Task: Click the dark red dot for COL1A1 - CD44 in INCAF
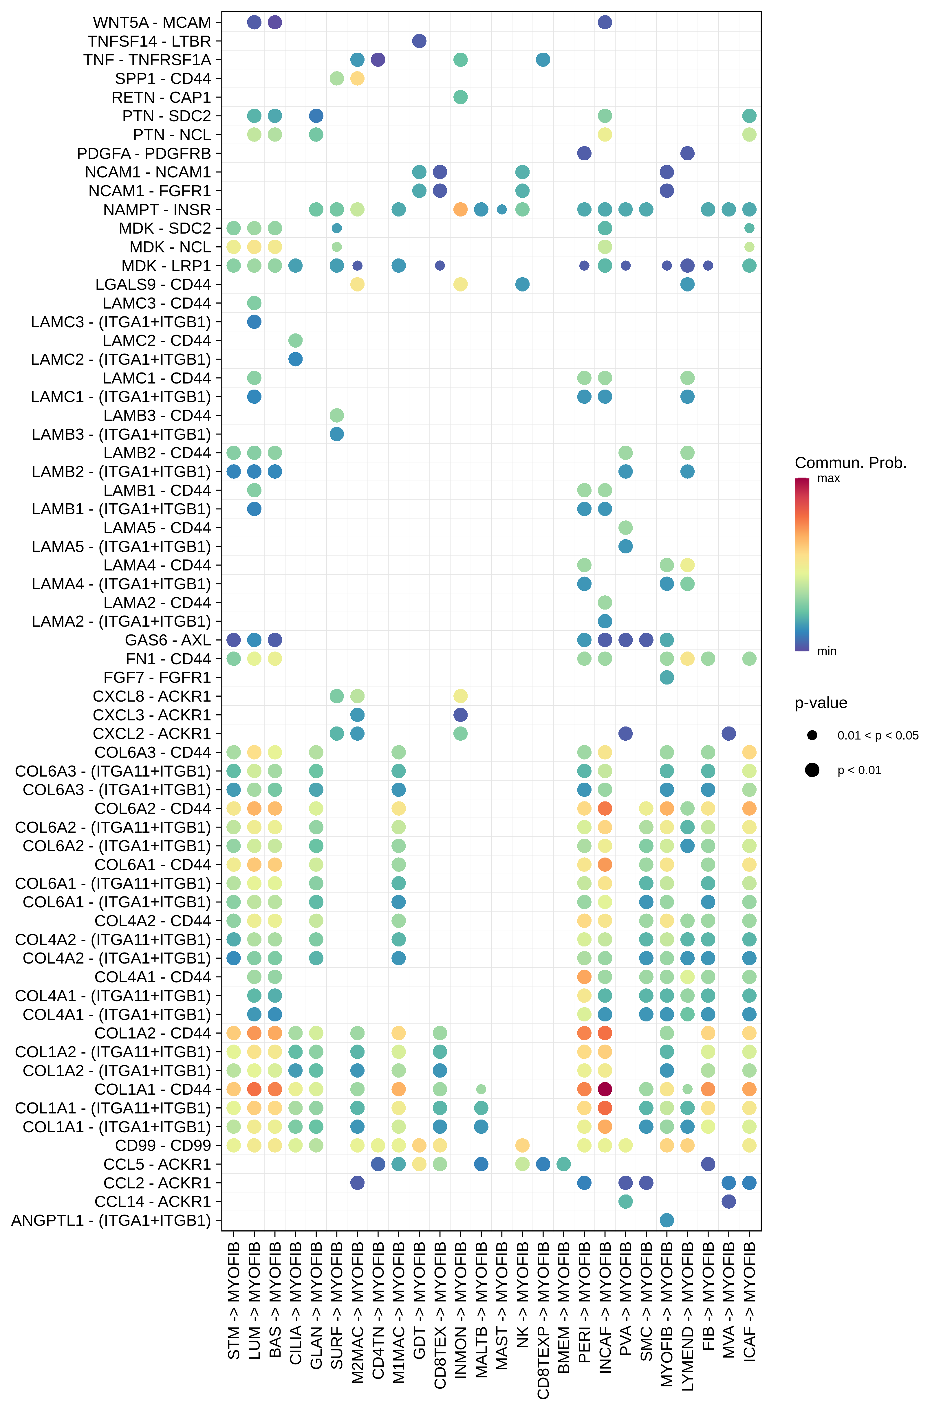(x=605, y=1089)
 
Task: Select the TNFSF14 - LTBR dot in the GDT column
(x=420, y=41)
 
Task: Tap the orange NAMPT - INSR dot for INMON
(x=460, y=209)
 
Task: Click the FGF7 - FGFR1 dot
(x=667, y=677)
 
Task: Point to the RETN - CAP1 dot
(x=460, y=97)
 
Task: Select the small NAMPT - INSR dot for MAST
(x=502, y=209)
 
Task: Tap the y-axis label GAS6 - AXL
(x=168, y=640)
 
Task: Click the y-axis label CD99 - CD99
(x=163, y=1145)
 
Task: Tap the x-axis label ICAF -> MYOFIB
(x=749, y=1302)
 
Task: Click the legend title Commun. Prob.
(x=850, y=463)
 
